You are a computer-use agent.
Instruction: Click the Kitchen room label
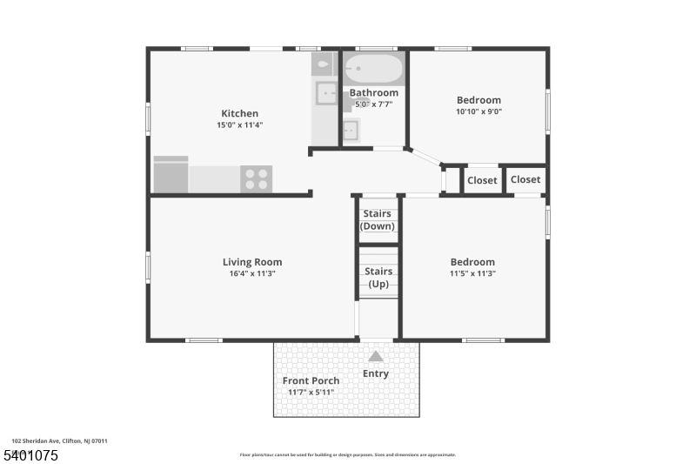239,113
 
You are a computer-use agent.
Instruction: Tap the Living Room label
252,262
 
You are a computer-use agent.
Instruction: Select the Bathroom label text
374,92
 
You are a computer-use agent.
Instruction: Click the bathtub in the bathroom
374,69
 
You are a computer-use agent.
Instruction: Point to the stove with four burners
256,179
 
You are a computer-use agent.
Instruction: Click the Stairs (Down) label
378,219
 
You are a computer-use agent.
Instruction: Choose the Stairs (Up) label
378,277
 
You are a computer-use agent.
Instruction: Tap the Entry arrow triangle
376,356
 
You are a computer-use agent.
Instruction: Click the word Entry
376,374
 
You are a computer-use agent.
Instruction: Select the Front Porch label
311,380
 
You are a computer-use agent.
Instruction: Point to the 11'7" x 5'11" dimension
311,393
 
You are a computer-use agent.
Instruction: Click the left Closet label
482,180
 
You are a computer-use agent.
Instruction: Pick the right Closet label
525,179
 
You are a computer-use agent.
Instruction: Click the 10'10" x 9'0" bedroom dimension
478,111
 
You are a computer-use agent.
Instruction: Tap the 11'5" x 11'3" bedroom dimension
472,273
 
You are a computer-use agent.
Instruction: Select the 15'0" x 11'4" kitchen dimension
239,125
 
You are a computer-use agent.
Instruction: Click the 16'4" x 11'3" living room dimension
252,273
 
